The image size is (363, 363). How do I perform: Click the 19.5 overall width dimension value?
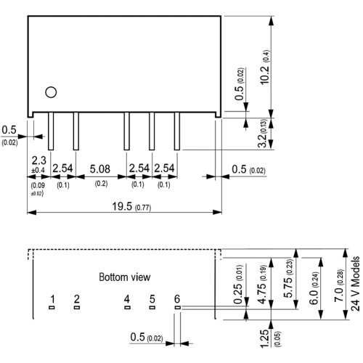click(122, 206)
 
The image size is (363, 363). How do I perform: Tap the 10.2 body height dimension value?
click(265, 75)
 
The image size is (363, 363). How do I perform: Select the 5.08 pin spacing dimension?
click(99, 169)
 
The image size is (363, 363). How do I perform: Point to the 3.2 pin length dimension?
click(262, 141)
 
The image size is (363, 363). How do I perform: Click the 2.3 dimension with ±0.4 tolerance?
click(38, 160)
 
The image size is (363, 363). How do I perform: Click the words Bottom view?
click(125, 277)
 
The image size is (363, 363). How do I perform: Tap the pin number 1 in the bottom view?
click(52, 299)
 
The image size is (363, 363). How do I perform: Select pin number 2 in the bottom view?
click(77, 299)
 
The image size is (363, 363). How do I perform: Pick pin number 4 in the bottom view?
click(127, 299)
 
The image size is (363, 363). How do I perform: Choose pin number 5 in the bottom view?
click(152, 299)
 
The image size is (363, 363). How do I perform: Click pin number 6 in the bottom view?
click(177, 299)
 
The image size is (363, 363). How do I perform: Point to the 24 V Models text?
click(355, 284)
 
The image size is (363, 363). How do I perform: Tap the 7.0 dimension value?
click(339, 295)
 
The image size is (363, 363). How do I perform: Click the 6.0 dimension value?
click(314, 297)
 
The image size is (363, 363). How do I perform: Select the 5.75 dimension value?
click(289, 287)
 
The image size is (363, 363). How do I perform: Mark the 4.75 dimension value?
click(262, 293)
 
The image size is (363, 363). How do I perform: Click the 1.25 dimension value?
click(264, 338)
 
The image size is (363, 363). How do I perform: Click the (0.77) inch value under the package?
click(143, 208)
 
